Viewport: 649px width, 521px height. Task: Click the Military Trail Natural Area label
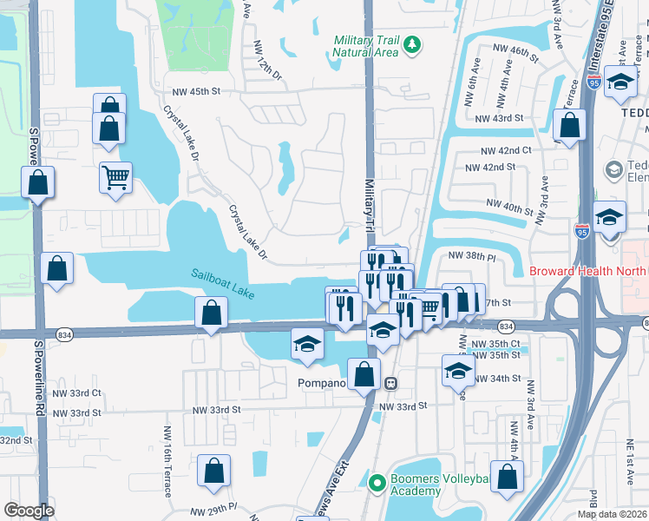[365, 46]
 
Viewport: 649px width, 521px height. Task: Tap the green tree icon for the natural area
[414, 43]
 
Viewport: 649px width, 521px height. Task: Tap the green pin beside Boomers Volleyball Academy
[377, 481]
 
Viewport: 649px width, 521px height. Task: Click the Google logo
[29, 511]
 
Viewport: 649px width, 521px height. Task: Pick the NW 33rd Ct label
[80, 392]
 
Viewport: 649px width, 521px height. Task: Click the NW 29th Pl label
[213, 507]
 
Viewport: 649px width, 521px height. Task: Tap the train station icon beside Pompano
[391, 382]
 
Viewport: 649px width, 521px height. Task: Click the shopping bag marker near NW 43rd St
[569, 126]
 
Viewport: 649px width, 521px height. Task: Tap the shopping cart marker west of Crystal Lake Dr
[115, 178]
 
